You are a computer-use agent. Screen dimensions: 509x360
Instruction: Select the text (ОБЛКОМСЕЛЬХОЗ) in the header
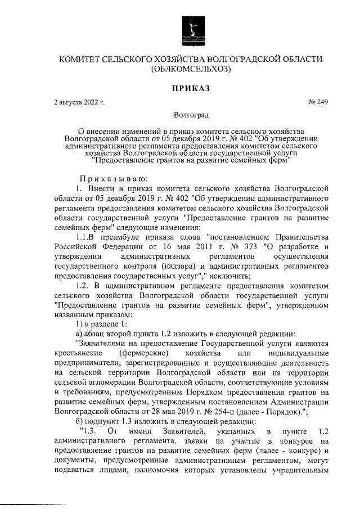[191, 70]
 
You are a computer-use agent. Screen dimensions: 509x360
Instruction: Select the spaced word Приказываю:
[107, 178]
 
